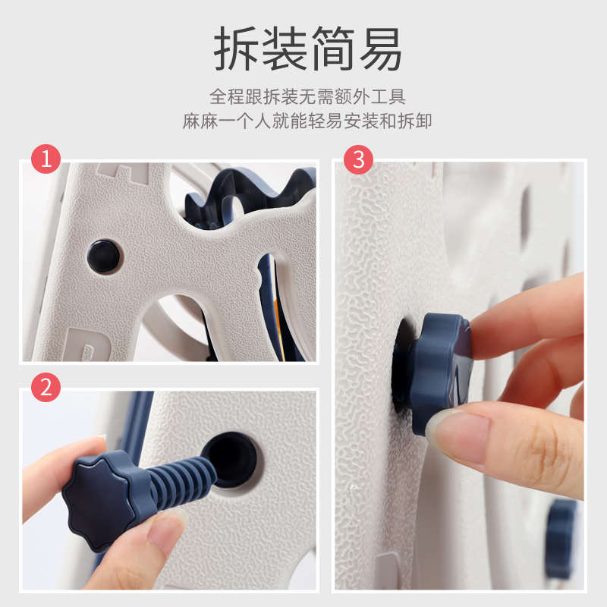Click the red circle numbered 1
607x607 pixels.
click(46, 159)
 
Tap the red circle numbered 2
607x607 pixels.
click(46, 387)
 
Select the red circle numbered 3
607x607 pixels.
click(358, 159)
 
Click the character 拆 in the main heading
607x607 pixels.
click(236, 49)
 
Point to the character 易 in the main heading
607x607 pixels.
click(381, 49)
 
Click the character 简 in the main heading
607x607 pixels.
click(333, 49)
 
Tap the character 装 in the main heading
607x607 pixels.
click(285, 49)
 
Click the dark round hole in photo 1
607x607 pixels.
click(103, 256)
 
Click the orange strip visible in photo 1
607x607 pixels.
click(277, 322)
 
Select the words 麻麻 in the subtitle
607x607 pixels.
click(200, 121)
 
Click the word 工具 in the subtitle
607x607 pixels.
click(388, 96)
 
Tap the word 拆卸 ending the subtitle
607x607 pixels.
click(414, 121)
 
